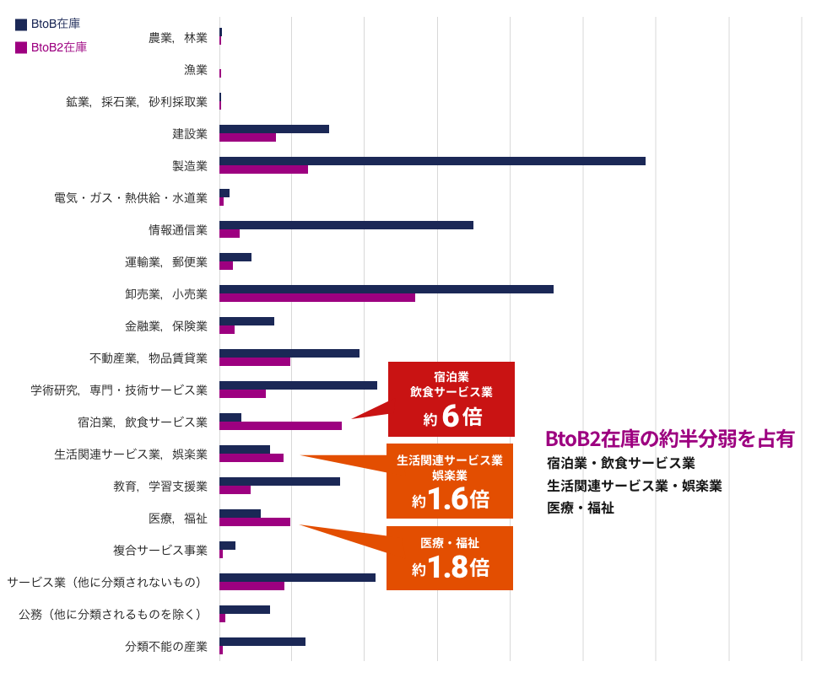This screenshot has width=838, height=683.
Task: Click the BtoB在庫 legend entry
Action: (x=48, y=24)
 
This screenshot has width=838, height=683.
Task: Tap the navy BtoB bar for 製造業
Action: (x=432, y=161)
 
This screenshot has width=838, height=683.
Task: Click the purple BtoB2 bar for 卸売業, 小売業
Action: (x=317, y=298)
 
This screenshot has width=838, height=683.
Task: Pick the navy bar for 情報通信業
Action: (x=346, y=225)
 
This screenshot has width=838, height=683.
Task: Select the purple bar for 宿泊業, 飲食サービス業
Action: (x=280, y=426)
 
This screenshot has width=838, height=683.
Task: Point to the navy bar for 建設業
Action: (x=274, y=129)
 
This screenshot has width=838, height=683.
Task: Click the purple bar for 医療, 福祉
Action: (x=255, y=522)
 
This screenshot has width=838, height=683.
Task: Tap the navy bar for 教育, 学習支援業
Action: (x=279, y=481)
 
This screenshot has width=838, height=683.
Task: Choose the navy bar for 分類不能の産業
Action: (x=262, y=642)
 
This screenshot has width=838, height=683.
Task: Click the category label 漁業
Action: (x=196, y=69)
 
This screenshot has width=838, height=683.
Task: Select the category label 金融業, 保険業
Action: (x=166, y=325)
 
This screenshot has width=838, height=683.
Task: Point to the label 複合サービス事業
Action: (x=160, y=550)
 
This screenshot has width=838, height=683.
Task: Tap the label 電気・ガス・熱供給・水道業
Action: (x=131, y=197)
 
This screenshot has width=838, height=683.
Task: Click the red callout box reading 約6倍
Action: (x=451, y=400)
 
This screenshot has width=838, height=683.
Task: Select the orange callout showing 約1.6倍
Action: (x=450, y=481)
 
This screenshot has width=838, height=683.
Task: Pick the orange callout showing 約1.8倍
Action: (x=450, y=558)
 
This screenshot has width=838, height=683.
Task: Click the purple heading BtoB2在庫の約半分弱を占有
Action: (x=669, y=438)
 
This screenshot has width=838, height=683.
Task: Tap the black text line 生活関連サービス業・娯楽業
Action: (x=634, y=486)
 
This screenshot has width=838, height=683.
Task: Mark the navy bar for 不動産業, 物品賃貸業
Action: (x=289, y=353)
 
